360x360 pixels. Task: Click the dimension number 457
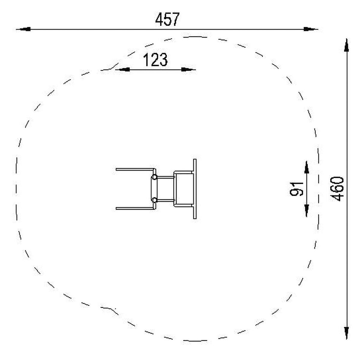(167, 19)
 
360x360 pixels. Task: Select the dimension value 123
(155, 60)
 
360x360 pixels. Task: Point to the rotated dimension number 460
(337, 189)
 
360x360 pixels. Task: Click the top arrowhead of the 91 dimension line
(307, 167)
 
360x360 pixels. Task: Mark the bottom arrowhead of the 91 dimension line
(307, 211)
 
